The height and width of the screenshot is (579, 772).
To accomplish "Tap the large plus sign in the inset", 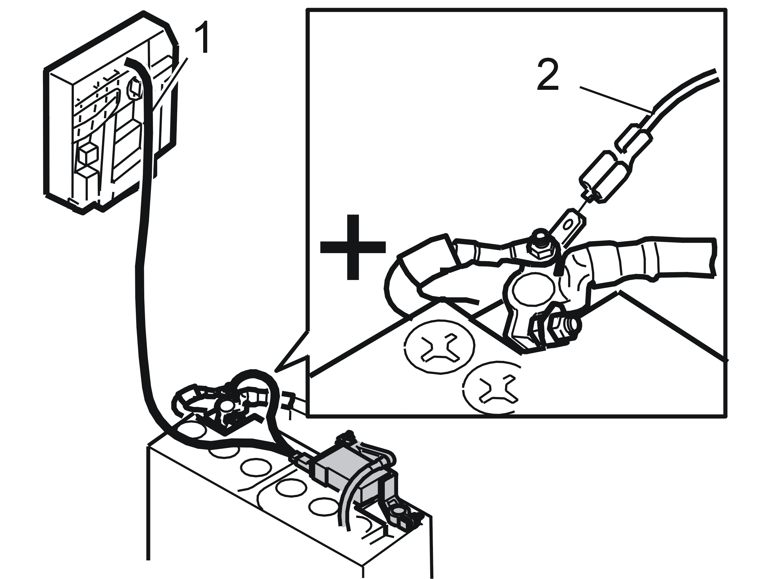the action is [x=353, y=247].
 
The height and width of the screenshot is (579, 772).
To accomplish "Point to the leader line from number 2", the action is [x=616, y=99].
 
